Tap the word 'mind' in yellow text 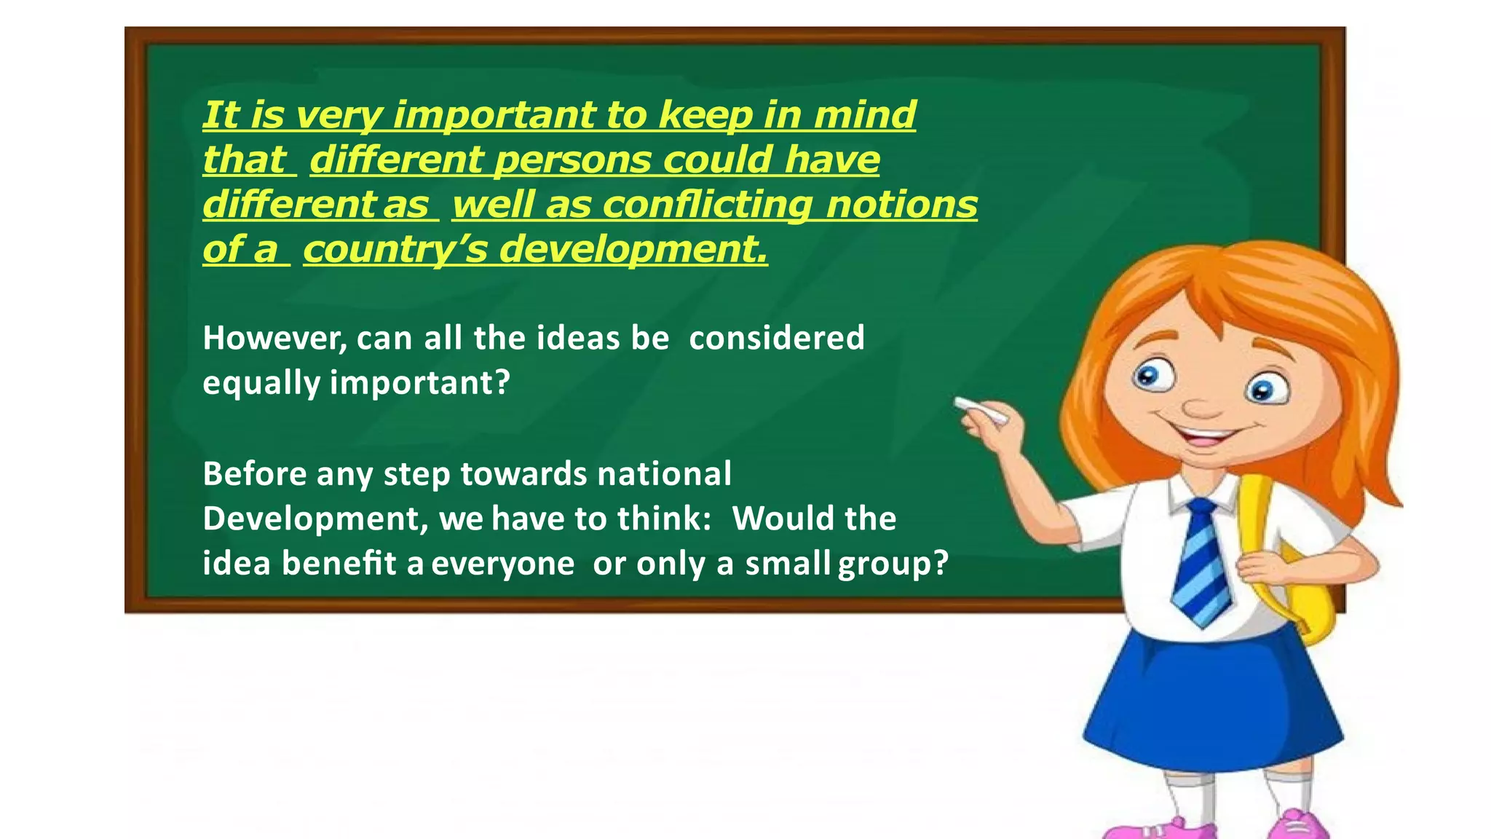coord(864,115)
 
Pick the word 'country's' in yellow coord(395,250)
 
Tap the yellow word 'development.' coord(633,250)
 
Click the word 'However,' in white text coord(274,339)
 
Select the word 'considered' coord(776,338)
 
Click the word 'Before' coord(255,474)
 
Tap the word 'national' coord(664,474)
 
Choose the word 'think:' coord(664,519)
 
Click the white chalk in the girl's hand coord(981,411)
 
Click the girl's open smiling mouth coord(1205,438)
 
